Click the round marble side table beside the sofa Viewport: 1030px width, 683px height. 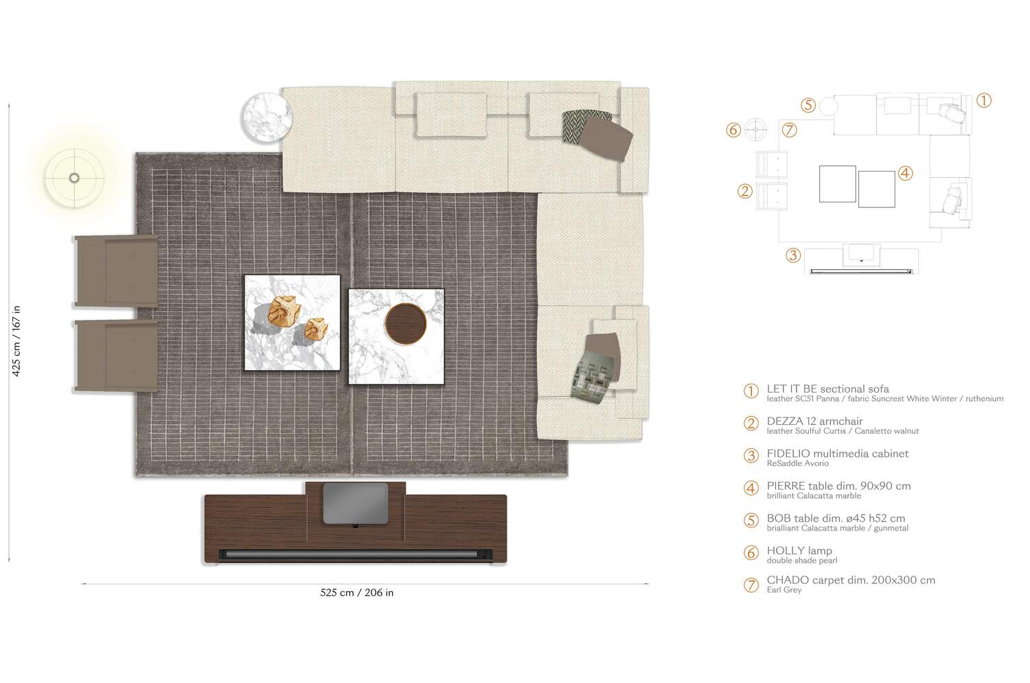[266, 117]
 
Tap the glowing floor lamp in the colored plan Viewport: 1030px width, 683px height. [74, 178]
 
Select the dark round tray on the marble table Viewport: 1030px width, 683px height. [406, 323]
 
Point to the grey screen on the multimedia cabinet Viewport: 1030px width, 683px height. [356, 503]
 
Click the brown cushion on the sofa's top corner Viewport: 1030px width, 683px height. [606, 137]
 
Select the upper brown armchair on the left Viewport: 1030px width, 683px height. [116, 271]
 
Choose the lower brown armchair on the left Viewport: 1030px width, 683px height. [116, 356]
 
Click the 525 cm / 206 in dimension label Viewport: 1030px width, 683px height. [357, 593]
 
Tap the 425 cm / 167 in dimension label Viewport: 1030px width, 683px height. [16, 341]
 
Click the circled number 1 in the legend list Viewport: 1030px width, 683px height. [751, 391]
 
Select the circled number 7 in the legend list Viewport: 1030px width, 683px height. [751, 585]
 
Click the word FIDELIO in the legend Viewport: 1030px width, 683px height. [788, 454]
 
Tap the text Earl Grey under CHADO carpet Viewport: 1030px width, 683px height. [784, 590]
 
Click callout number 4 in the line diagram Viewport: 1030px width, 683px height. [905, 173]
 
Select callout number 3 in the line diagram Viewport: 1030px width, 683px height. [793, 255]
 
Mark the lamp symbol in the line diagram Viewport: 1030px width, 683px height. [755, 130]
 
